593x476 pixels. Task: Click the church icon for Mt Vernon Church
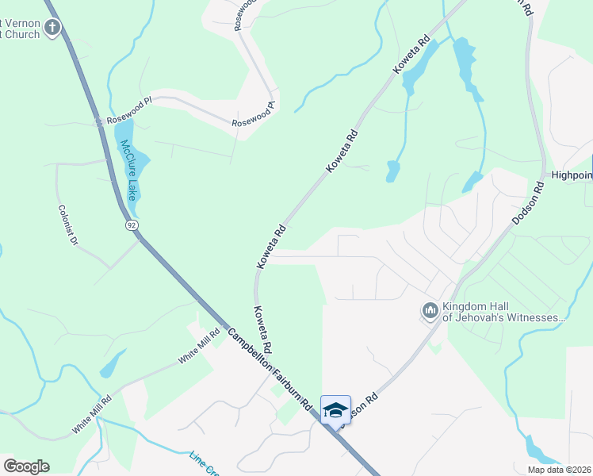pos(52,29)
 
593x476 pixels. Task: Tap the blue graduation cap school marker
pos(335,409)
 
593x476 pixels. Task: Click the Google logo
pos(26,466)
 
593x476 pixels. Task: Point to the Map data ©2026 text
pos(559,470)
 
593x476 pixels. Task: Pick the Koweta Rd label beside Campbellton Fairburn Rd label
pos(263,329)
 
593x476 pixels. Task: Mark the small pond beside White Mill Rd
pos(112,365)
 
